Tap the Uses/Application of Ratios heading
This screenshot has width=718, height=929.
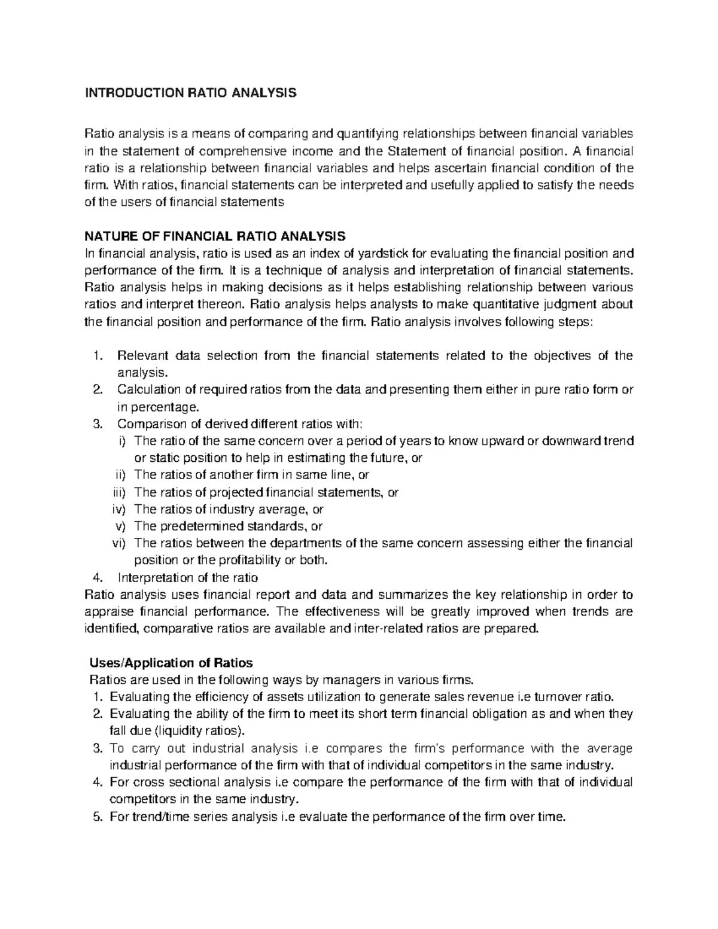point(171,663)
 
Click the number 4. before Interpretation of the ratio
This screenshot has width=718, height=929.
point(99,578)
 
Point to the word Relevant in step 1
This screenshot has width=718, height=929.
point(140,356)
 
